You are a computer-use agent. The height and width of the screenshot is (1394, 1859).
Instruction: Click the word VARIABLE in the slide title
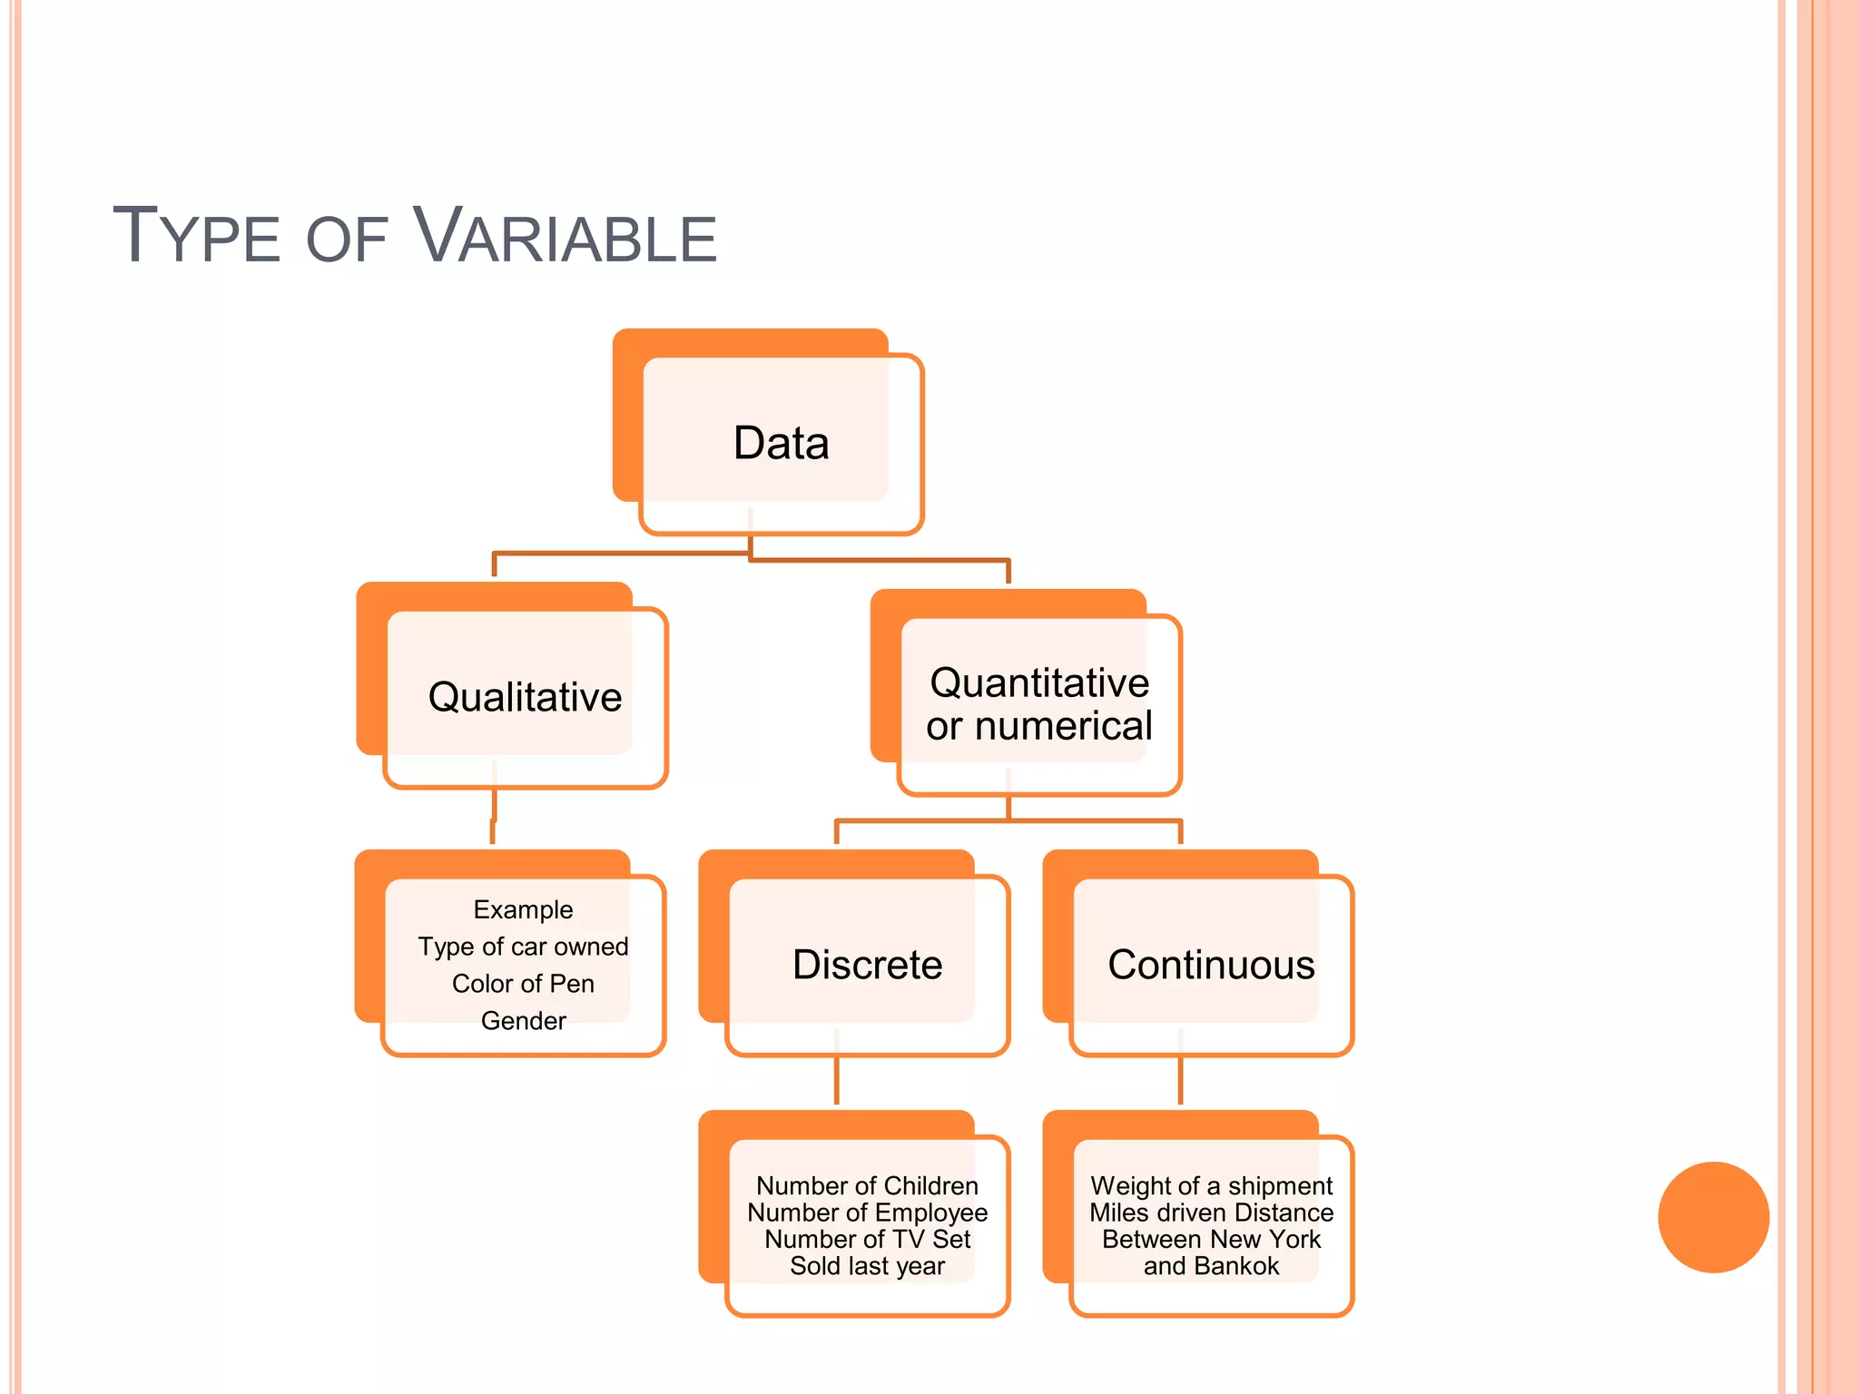[x=565, y=238]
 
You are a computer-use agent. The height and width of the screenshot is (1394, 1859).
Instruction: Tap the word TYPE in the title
[x=196, y=238]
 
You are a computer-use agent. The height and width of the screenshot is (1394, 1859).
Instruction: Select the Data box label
[x=781, y=444]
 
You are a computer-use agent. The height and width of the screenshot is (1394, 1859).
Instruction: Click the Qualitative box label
[x=525, y=697]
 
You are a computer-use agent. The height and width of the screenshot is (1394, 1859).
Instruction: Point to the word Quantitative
[x=1039, y=682]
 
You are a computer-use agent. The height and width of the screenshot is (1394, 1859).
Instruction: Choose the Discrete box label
[x=867, y=965]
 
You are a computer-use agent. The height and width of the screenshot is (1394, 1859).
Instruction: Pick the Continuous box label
[x=1211, y=965]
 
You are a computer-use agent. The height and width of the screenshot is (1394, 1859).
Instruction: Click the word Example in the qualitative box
[x=523, y=909]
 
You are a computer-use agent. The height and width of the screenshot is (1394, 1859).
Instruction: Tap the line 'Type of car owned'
[x=523, y=947]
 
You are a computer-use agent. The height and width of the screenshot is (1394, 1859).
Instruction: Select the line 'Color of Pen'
[x=523, y=984]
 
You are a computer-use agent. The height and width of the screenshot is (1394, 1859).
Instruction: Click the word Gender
[x=523, y=1021]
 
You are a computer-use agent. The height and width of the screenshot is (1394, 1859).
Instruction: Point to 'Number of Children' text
[x=867, y=1186]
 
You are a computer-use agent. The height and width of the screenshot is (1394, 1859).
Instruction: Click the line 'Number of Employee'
[x=867, y=1212]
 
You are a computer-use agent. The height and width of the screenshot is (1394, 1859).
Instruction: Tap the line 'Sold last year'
[x=867, y=1266]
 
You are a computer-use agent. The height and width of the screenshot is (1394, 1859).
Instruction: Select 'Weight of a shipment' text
[x=1211, y=1186]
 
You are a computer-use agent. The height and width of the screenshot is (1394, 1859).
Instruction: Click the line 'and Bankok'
[x=1211, y=1266]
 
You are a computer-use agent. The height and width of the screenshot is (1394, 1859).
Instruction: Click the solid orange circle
[x=1713, y=1217]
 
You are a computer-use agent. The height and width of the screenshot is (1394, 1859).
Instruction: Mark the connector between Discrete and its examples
[x=836, y=1080]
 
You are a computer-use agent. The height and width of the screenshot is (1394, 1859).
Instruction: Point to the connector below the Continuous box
[x=1180, y=1080]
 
